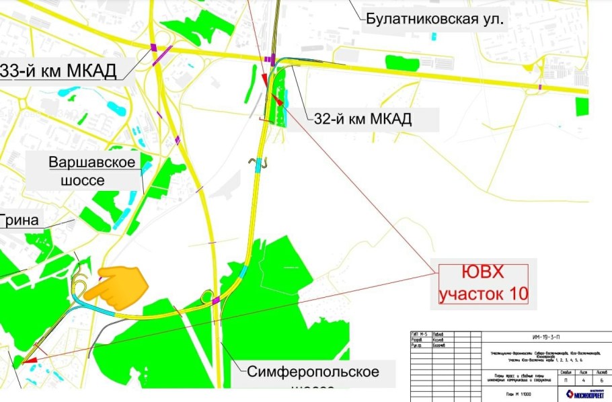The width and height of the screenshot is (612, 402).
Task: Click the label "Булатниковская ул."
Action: pyautogui.click(x=434, y=19)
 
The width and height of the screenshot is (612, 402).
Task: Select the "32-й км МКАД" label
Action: pyautogui.click(x=362, y=120)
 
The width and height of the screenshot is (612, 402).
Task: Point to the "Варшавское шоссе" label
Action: pyautogui.click(x=92, y=171)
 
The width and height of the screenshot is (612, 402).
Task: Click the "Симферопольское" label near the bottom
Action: pyautogui.click(x=313, y=372)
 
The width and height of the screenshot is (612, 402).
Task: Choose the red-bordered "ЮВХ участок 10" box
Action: pyautogui.click(x=483, y=283)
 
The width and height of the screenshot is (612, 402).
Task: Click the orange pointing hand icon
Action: pyautogui.click(x=123, y=284)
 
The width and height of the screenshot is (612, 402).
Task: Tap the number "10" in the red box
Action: pyautogui.click(x=514, y=293)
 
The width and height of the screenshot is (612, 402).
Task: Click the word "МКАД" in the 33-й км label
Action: pyautogui.click(x=87, y=70)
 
